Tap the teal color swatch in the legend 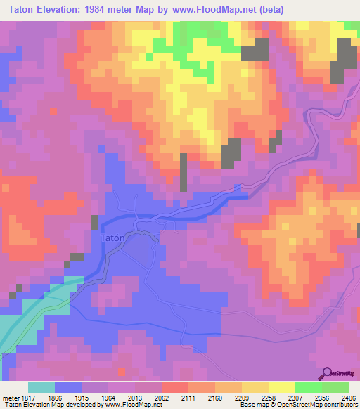(41, 387)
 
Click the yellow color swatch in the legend (281, 387)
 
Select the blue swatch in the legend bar (68, 387)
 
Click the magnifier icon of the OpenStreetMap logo (327, 372)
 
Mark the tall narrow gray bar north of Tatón (184, 171)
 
